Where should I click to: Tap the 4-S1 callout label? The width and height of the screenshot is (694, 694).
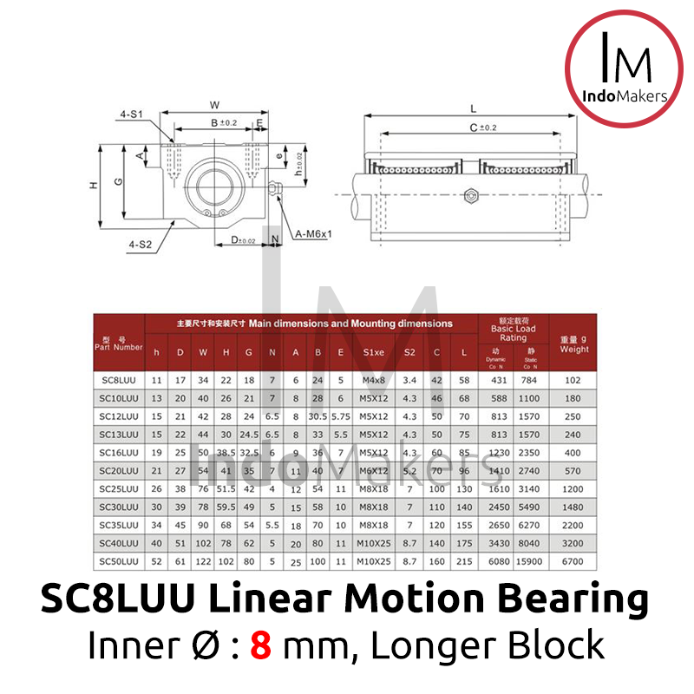click(132, 114)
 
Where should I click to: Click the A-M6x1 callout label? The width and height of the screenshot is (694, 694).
click(315, 234)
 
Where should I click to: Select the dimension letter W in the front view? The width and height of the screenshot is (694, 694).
click(214, 106)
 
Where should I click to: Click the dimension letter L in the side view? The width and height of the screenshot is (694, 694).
click(474, 109)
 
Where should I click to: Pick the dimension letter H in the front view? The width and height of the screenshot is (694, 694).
click(92, 185)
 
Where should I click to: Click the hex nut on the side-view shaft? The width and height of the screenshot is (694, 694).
click(471, 194)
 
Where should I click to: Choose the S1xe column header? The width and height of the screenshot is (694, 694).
click(374, 352)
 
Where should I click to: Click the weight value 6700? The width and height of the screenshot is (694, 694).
click(573, 560)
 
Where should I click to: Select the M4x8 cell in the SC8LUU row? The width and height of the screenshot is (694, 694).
click(374, 380)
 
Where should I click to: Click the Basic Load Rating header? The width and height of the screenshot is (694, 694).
click(514, 329)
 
